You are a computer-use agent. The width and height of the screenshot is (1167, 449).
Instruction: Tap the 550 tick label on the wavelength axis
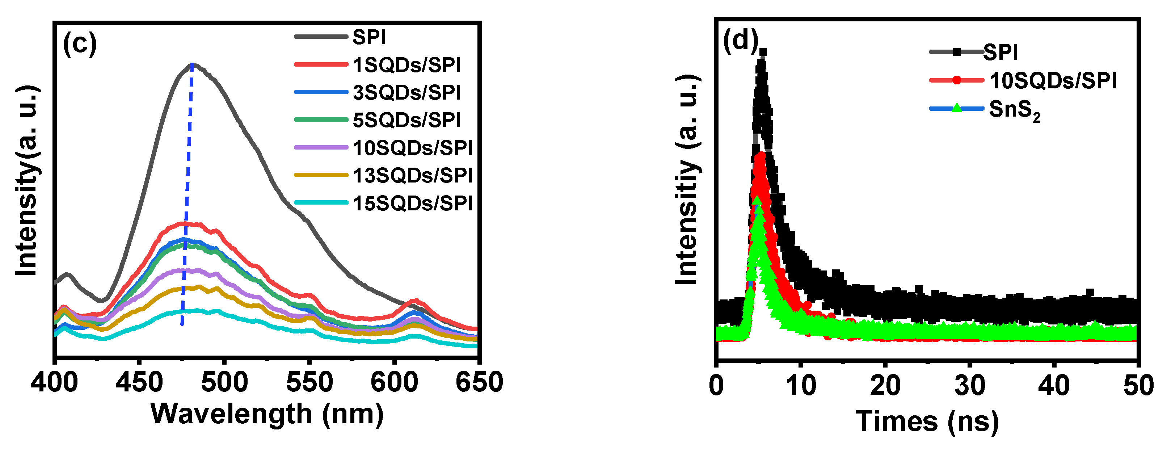click(309, 382)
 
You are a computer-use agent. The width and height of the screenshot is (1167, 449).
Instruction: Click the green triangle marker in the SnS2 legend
click(956, 108)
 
